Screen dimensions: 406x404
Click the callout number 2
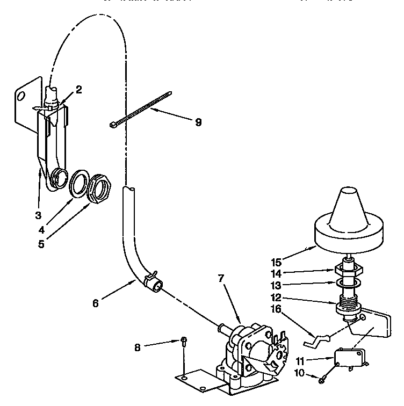78,90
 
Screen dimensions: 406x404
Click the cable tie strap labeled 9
141,110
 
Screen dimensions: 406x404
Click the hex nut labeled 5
99,189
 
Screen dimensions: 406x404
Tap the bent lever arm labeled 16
316,340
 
